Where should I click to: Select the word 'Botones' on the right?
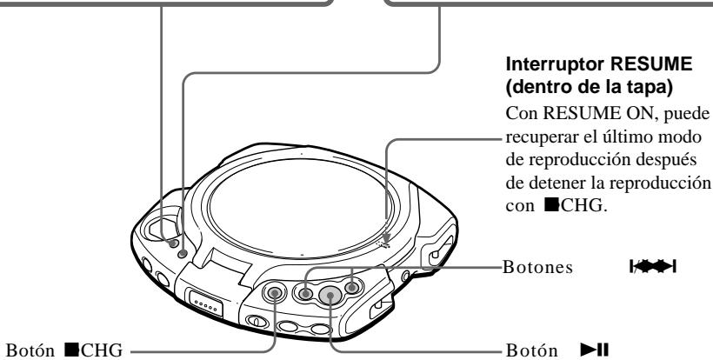click(537, 266)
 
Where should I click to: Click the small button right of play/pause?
click(351, 286)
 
